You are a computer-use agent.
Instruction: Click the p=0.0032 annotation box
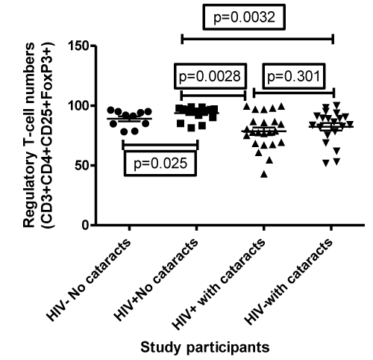coord(244,17)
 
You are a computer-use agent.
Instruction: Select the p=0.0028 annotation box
coord(210,76)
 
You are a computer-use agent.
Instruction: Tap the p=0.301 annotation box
coord(294,76)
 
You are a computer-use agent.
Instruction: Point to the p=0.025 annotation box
coord(160,164)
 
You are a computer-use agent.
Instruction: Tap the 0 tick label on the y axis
coord(85,225)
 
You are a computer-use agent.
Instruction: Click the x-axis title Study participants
coord(205,347)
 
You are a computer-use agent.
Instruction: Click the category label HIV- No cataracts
coord(89,279)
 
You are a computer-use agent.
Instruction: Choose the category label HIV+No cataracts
coord(156,279)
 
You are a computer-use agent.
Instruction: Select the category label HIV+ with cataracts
coord(219,284)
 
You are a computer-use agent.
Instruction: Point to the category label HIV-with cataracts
coord(289,282)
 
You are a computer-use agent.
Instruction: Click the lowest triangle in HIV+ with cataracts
coord(264,175)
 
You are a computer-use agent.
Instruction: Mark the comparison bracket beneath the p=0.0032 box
coord(257,39)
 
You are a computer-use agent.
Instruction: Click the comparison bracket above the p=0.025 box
coord(160,145)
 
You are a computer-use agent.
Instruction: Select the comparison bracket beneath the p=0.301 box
coord(294,93)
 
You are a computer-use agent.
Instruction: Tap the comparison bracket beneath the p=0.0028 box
coord(213,95)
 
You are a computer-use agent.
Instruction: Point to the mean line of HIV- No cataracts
coord(129,119)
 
